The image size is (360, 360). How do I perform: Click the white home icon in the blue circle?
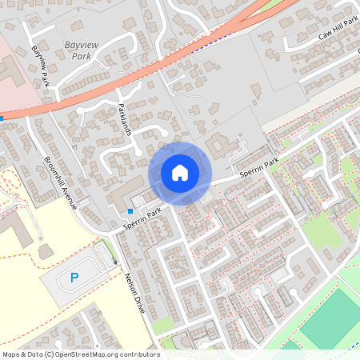tap(180, 172)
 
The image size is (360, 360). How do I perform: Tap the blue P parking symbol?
tap(74, 278)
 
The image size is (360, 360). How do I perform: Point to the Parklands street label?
tap(124, 118)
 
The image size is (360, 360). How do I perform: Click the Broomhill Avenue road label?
tap(61, 178)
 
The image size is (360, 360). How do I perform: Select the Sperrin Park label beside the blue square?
tap(143, 220)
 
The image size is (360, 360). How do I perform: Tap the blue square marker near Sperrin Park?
tap(130, 211)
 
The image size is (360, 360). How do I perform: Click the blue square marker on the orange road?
tap(2, 118)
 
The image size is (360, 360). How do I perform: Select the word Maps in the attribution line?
tap(11, 354)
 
